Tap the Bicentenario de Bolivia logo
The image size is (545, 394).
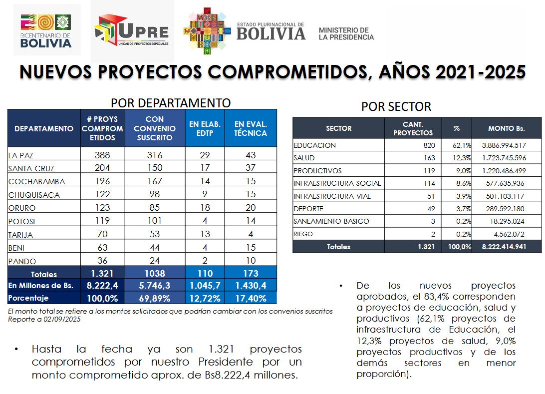(46, 31)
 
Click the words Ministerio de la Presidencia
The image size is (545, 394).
(346, 33)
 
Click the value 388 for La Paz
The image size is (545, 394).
(102, 155)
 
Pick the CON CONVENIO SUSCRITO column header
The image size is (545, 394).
(155, 128)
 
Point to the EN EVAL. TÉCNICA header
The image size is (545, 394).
(250, 128)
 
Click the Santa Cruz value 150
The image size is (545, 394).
(155, 168)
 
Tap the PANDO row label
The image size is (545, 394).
(19, 261)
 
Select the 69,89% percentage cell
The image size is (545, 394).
(155, 299)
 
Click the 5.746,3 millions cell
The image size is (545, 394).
(155, 286)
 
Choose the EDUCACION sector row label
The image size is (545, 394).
(315, 145)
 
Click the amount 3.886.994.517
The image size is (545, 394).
(504, 145)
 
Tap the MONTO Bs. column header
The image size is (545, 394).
(506, 128)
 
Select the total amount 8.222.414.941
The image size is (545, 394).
(504, 247)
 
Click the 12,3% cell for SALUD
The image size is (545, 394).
(456, 158)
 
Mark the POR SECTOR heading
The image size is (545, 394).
(396, 107)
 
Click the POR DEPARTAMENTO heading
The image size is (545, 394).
(170, 103)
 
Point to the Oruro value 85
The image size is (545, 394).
(155, 207)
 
